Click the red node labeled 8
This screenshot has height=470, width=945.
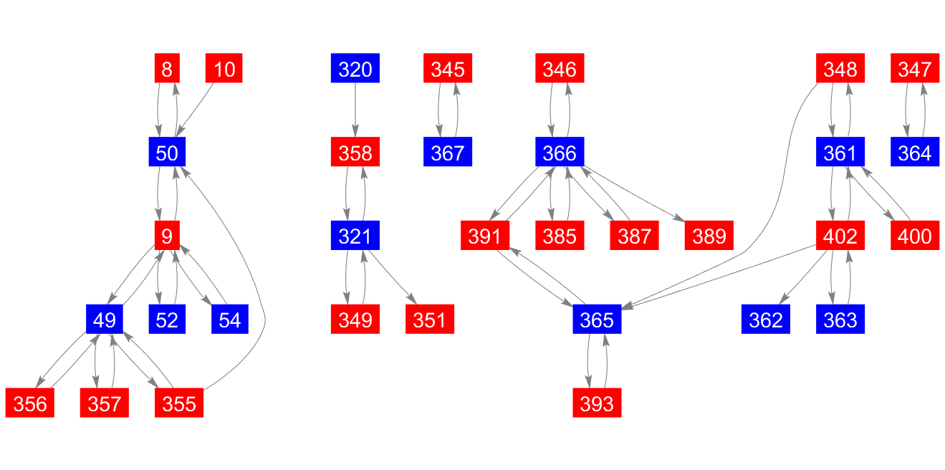[167, 69]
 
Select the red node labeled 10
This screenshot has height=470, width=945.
[224, 69]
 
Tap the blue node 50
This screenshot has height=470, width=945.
[167, 153]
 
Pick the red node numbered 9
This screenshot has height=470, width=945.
[167, 236]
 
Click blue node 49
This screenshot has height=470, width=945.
[105, 319]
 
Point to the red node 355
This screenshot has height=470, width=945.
[179, 403]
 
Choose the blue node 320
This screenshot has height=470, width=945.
[355, 69]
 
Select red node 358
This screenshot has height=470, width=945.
[355, 153]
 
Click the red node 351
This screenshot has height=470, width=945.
[430, 319]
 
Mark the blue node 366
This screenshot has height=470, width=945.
[560, 153]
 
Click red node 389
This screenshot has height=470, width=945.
[709, 236]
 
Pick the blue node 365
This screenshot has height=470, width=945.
[597, 319]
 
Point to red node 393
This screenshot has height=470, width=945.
[597, 403]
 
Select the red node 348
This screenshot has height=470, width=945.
[840, 69]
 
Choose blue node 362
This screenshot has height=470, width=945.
[766, 319]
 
